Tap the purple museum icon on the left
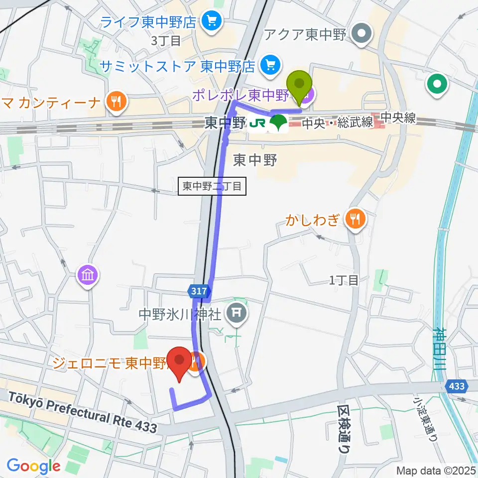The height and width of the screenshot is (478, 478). [88, 274]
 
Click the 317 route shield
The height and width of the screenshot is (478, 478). [198, 292]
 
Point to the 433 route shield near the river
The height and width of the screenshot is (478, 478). [457, 386]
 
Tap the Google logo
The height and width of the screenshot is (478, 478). [33, 466]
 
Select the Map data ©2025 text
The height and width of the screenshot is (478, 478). [436, 470]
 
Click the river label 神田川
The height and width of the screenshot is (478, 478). [441, 348]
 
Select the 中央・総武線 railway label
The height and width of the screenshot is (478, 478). [338, 123]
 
